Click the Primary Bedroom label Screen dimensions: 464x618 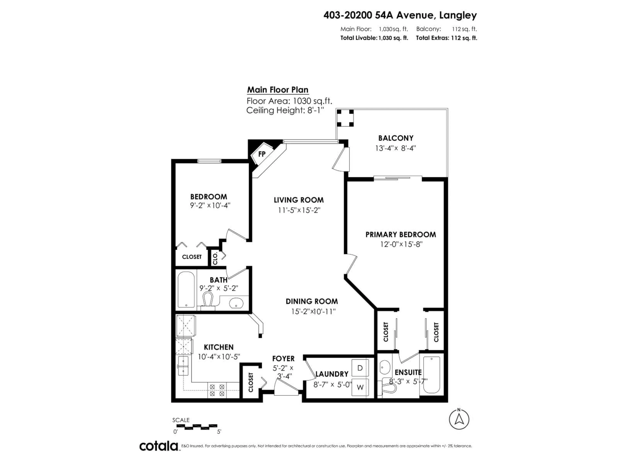[x=401, y=234]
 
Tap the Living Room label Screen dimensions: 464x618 [x=299, y=200]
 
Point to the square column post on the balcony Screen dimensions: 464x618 [x=345, y=118]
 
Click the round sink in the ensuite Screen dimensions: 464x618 [x=385, y=367]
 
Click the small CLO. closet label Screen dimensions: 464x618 [x=215, y=258]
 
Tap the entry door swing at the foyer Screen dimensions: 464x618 [x=286, y=387]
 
